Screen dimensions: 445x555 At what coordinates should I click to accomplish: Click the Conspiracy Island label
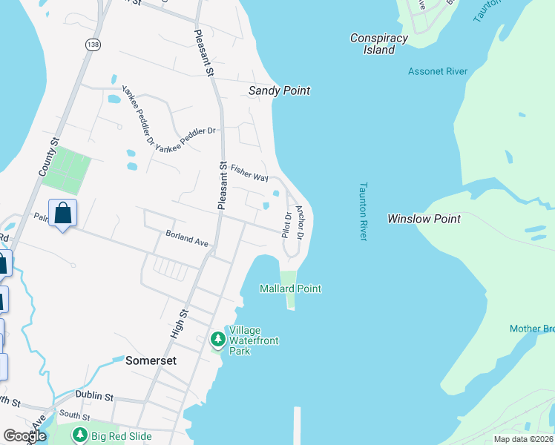pyautogui.click(x=379, y=44)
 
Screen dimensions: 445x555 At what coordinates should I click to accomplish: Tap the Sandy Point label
pyautogui.click(x=278, y=90)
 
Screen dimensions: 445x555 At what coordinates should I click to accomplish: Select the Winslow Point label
pyautogui.click(x=424, y=219)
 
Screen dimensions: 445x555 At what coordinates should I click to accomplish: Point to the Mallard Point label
pyautogui.click(x=290, y=289)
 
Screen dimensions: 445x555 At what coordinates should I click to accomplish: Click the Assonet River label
pyautogui.click(x=437, y=71)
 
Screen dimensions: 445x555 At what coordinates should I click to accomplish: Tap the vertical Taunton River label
pyautogui.click(x=363, y=211)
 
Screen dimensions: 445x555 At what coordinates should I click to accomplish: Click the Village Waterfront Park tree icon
pyautogui.click(x=217, y=340)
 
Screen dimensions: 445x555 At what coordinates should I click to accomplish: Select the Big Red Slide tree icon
pyautogui.click(x=79, y=435)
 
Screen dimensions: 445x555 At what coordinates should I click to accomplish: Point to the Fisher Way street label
pyautogui.click(x=249, y=173)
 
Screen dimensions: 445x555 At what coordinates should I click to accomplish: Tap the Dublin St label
pyautogui.click(x=93, y=397)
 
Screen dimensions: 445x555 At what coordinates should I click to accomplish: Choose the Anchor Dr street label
pyautogui.click(x=300, y=222)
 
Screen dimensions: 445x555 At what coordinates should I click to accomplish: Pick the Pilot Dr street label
pyautogui.click(x=286, y=224)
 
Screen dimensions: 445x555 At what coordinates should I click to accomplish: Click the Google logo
pyautogui.click(x=24, y=436)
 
